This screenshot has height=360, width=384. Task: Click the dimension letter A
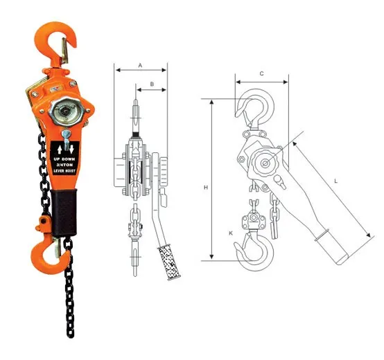(141, 64)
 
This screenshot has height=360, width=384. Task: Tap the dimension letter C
(261, 73)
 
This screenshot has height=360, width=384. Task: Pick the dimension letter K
(232, 233)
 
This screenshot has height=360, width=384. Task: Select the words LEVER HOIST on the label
(67, 172)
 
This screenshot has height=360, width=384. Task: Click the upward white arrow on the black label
(60, 147)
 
